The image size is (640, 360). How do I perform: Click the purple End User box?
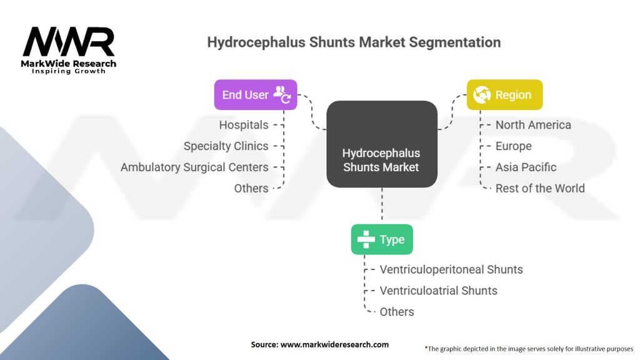255,95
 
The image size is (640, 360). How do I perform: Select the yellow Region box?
504,95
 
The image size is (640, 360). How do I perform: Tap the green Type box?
381,239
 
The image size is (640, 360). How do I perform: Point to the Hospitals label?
244,125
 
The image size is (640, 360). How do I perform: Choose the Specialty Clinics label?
226,146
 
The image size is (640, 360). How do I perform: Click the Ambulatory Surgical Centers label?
194,167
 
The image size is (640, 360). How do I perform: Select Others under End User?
251,189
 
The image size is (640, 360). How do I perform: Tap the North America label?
533,125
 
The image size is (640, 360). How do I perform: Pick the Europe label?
513,146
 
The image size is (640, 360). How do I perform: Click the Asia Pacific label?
526,167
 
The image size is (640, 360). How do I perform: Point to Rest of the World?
540,189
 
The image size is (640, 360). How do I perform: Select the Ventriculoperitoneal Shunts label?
451,270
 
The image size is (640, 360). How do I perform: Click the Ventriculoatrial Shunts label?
439,291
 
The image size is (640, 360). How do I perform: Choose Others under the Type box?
397,312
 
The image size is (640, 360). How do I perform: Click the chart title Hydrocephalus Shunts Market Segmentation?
354,42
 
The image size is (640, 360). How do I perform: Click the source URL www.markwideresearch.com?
320,344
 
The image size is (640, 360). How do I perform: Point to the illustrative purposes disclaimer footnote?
529,348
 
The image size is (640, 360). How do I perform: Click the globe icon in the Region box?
482,95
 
